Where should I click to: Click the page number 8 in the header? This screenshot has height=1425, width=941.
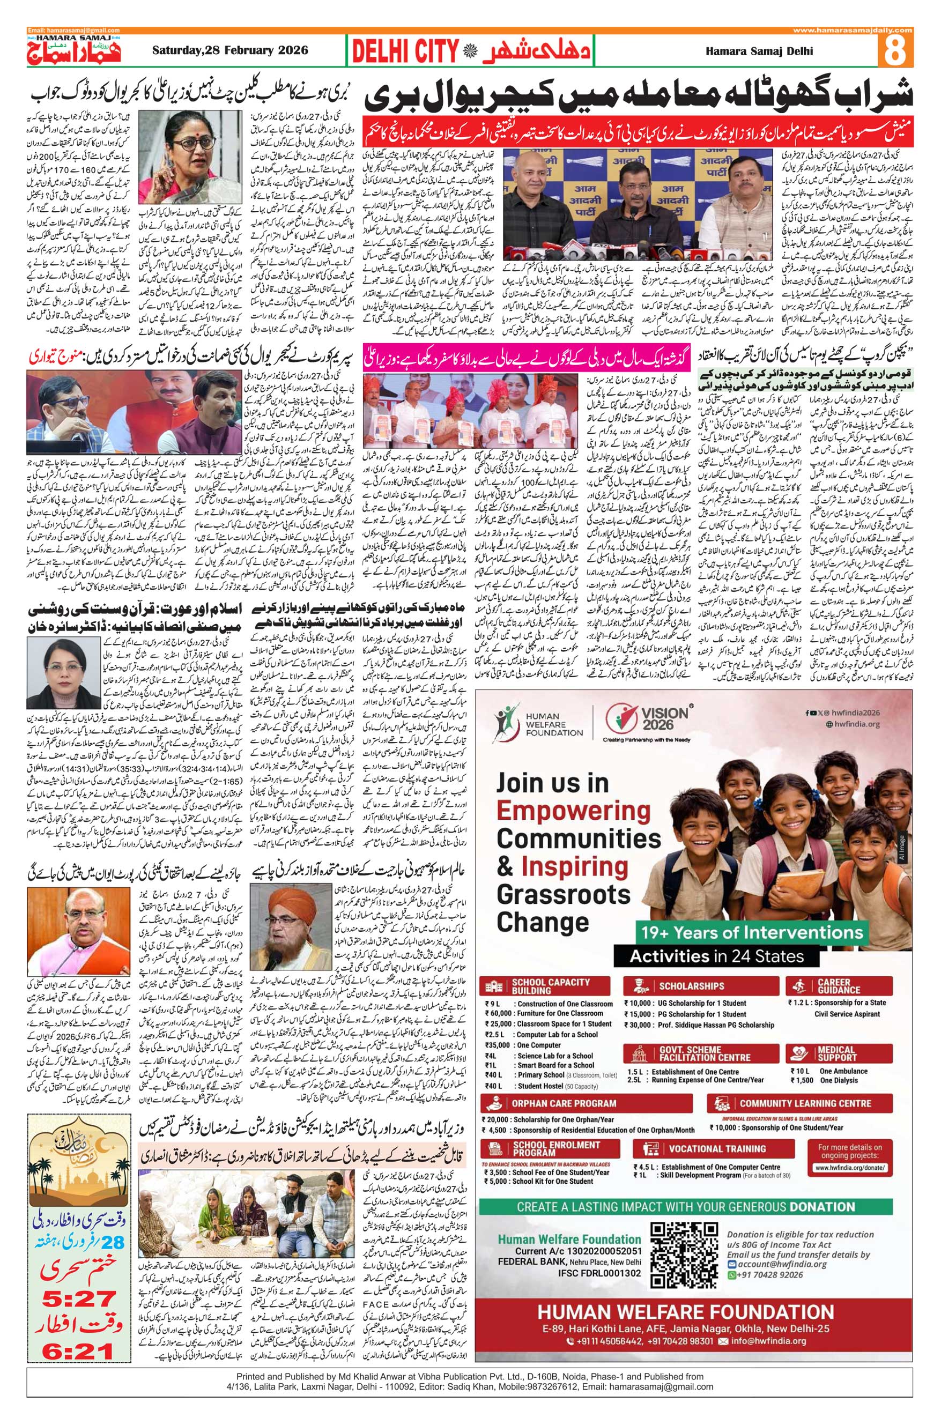pos(895,51)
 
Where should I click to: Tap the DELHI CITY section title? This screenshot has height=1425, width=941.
pos(404,52)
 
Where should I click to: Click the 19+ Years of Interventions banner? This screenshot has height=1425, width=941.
pos(751,933)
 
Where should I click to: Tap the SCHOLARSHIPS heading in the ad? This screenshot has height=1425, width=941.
pos(691,986)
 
